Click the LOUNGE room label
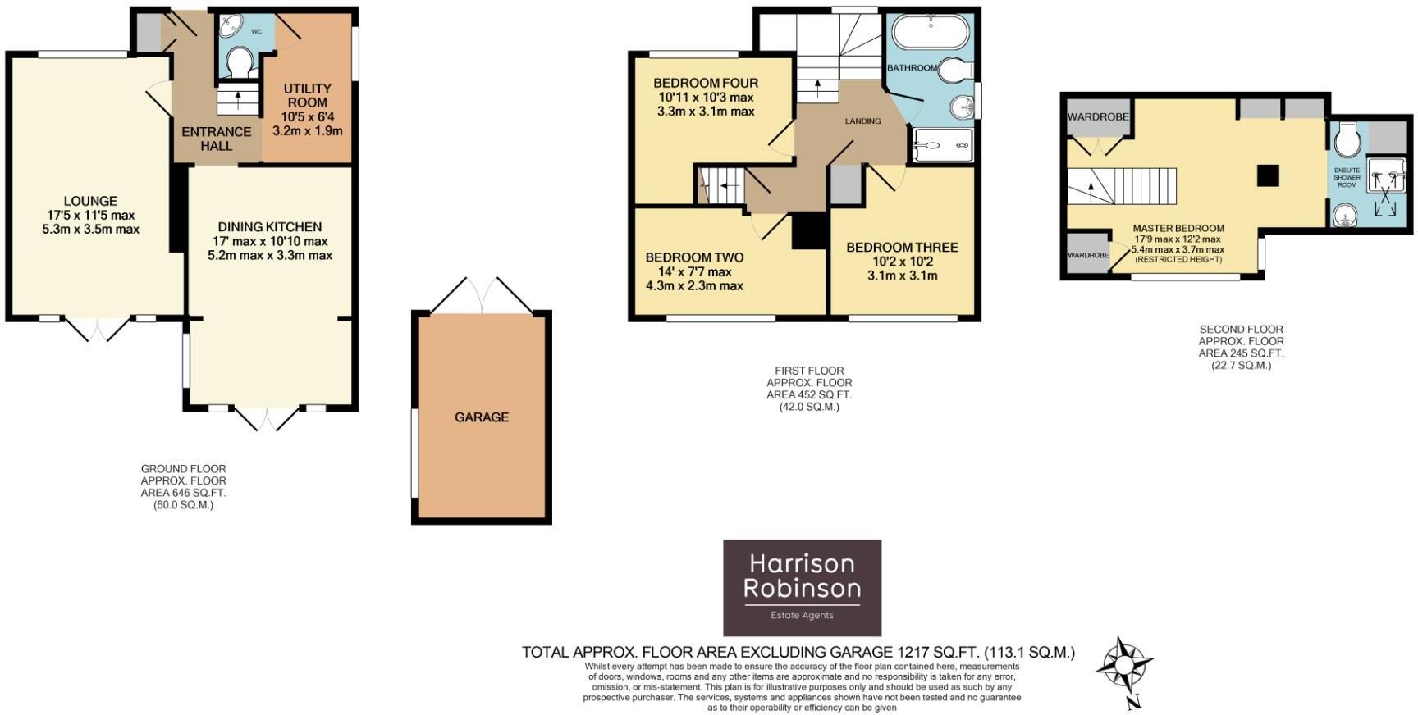(90, 201)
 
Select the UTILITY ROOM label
(307, 89)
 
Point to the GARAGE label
(482, 417)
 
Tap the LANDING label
(862, 121)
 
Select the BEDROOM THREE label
(902, 248)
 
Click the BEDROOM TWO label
(694, 257)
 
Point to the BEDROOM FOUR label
(706, 83)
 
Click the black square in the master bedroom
(1268, 175)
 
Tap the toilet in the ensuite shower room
(1347, 139)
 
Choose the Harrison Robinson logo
(802, 587)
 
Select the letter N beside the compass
(1134, 702)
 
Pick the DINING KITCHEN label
(269, 227)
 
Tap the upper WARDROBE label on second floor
(1098, 117)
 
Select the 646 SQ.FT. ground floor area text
(183, 493)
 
